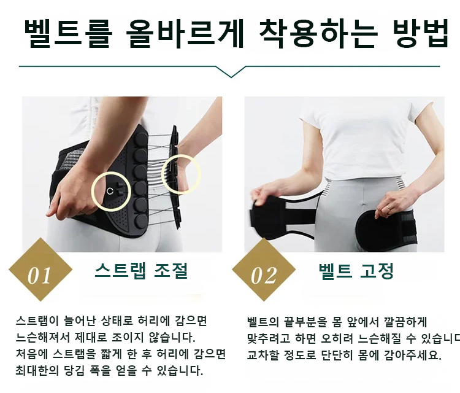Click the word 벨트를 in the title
(x=68, y=34)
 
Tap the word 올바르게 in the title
(x=185, y=34)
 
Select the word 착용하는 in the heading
(x=318, y=34)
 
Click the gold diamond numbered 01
(x=40, y=270)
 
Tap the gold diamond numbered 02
(x=264, y=270)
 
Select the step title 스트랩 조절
(x=141, y=271)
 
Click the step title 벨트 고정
(x=356, y=271)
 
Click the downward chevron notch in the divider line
(x=231, y=72)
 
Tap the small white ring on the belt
(x=110, y=191)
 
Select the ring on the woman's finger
(x=388, y=207)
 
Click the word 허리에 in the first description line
(x=150, y=321)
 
